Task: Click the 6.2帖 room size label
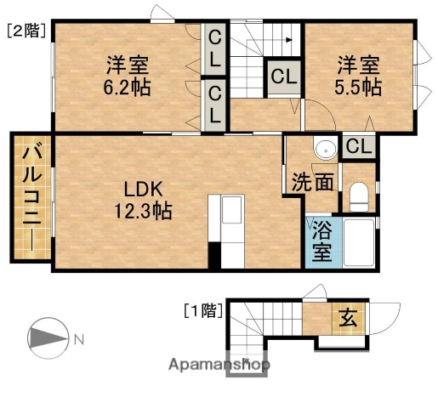click(x=129, y=87)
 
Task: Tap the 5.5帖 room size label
click(x=357, y=87)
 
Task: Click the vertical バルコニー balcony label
click(x=31, y=197)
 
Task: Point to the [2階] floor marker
click(x=26, y=32)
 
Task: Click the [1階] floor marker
click(x=203, y=310)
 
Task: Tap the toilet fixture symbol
click(x=358, y=198)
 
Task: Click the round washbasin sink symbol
click(x=323, y=150)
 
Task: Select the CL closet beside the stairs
click(x=284, y=76)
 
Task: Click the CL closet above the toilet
click(x=359, y=145)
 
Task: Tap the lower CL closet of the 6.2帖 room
click(x=215, y=103)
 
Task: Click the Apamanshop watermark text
click(x=219, y=365)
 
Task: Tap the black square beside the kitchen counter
click(x=215, y=256)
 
